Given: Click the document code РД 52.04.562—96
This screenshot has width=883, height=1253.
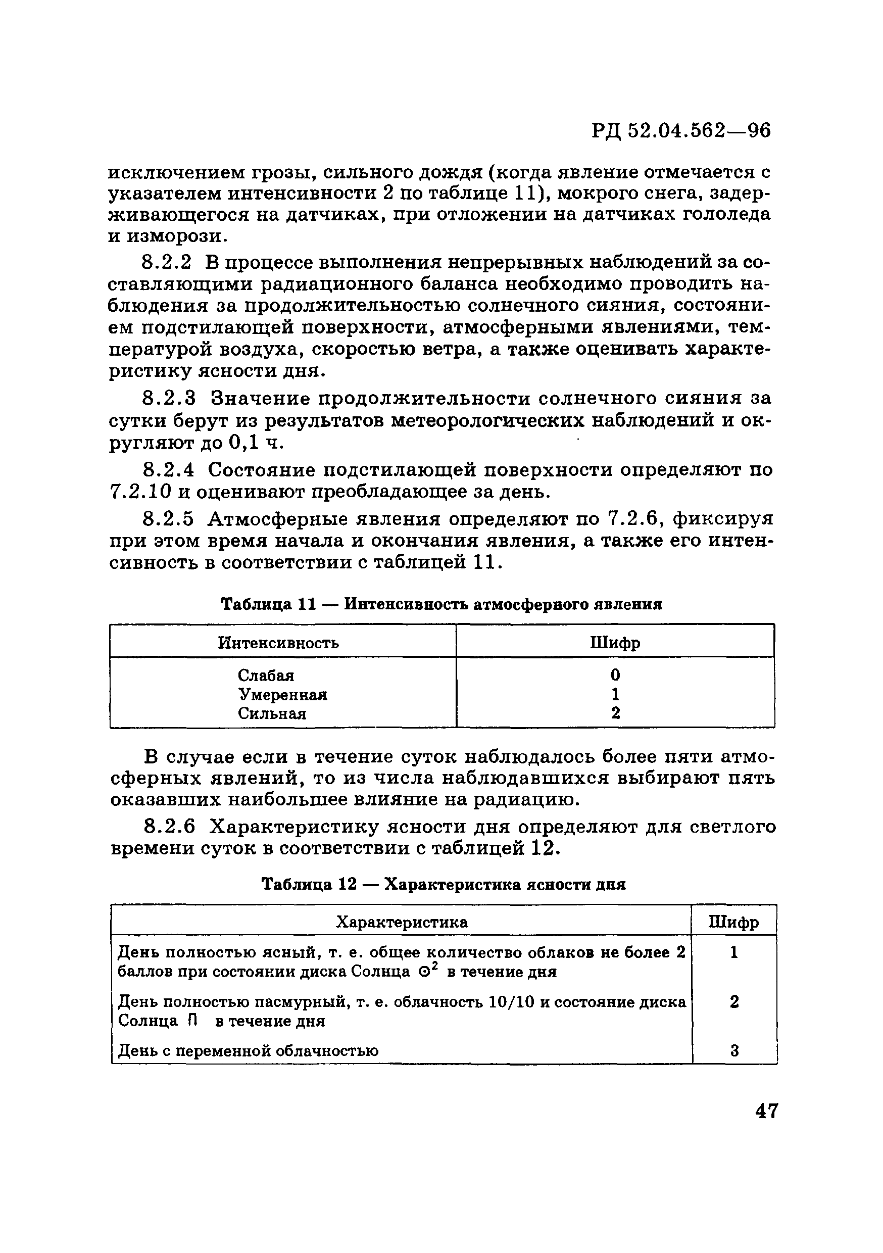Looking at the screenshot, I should coord(680,131).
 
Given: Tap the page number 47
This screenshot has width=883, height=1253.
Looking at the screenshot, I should coord(766,1111).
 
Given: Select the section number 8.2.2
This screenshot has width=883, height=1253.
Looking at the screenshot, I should coord(167,263).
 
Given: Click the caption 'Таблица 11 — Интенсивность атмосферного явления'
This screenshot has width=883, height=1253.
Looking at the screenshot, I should coord(441,604).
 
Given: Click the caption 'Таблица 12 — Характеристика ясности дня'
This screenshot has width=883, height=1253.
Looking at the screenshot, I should coord(443,884).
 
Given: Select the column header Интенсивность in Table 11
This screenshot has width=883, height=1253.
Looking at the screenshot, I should coord(278,643).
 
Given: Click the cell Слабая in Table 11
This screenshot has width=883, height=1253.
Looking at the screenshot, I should coord(266,676).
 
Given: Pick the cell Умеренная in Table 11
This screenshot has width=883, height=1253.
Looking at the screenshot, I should coord(282,695).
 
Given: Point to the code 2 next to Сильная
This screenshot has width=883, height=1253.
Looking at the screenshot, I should coord(615,713).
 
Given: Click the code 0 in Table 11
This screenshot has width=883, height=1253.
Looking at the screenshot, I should coord(615,676).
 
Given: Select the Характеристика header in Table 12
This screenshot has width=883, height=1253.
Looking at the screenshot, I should coord(401,922).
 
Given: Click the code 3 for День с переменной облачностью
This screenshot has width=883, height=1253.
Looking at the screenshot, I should coord(734,1050).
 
